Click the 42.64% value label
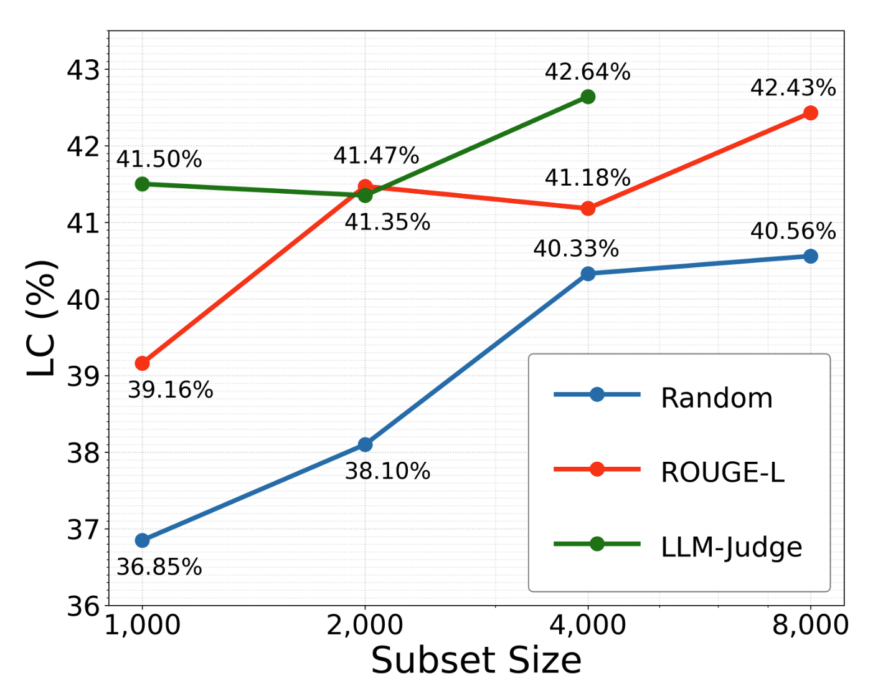(x=587, y=72)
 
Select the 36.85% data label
(x=159, y=567)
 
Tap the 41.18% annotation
(x=587, y=178)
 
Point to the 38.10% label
(x=387, y=471)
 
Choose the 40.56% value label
(x=793, y=231)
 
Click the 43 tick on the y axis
(x=83, y=70)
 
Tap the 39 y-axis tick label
(x=83, y=376)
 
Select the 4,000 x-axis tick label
(x=588, y=625)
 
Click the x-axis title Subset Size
(x=476, y=661)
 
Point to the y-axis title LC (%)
(x=42, y=318)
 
